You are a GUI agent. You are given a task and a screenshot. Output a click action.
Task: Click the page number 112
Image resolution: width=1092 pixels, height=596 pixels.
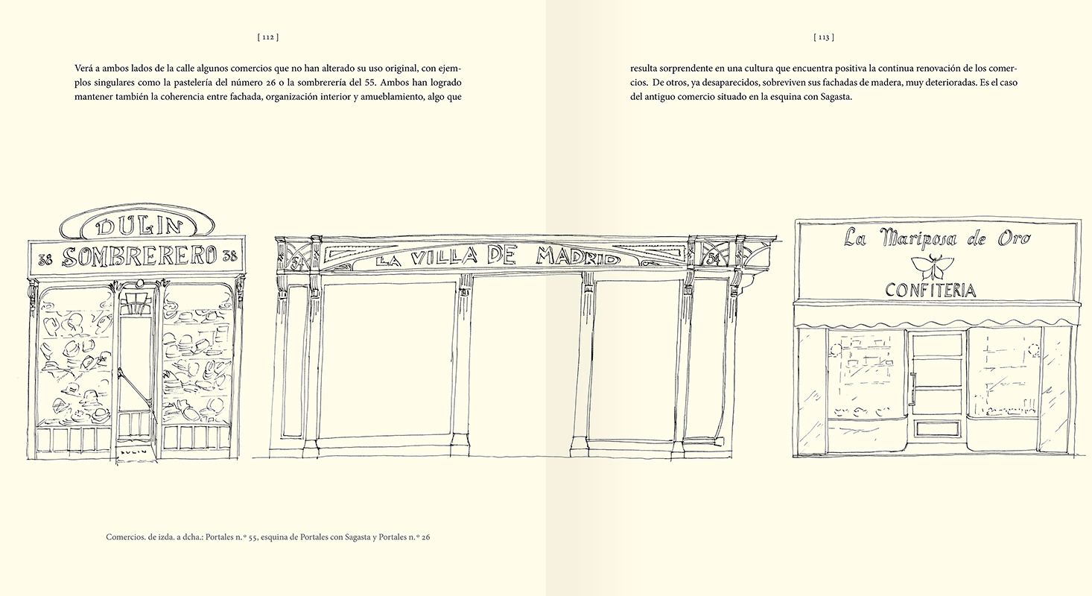(267, 37)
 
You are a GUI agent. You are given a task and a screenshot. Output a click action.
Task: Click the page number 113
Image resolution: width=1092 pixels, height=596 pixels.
(823, 37)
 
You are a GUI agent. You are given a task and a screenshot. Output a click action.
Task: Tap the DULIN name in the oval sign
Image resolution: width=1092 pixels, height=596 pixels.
(139, 226)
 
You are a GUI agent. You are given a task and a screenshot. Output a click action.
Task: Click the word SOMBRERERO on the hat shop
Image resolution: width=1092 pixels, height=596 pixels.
(139, 256)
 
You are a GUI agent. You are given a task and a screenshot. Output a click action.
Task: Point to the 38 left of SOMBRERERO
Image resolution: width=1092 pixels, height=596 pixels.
(45, 259)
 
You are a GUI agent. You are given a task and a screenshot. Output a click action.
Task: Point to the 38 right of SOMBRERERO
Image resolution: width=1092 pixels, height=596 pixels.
(229, 256)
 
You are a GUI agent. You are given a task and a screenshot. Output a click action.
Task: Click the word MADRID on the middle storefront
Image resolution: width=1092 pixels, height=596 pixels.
(578, 255)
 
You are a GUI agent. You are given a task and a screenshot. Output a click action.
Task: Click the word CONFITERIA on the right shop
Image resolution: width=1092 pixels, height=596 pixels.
(930, 291)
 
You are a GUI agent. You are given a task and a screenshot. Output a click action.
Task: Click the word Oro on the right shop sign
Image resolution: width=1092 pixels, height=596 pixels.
(1014, 239)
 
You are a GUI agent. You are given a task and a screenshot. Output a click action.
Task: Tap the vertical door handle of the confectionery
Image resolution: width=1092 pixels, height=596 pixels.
(912, 389)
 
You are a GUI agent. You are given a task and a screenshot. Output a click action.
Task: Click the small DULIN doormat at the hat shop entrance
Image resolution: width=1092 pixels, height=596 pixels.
(133, 452)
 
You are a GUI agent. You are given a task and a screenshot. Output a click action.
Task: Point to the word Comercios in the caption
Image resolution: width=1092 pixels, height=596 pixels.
(124, 537)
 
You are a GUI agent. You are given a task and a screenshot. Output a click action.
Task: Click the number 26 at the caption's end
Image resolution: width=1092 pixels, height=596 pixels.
(425, 537)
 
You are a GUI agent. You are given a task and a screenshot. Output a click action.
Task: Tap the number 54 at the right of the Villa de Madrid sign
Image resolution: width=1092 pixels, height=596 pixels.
(713, 259)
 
